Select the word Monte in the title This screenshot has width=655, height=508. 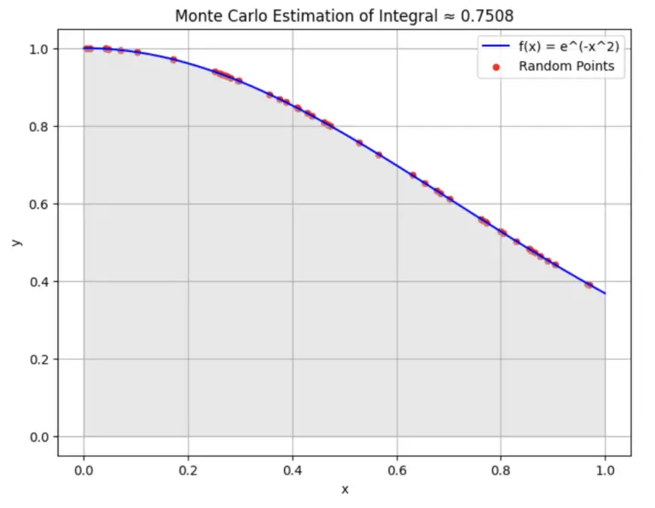point(197,15)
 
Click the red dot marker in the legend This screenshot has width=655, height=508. point(496,66)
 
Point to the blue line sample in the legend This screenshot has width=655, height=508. point(496,47)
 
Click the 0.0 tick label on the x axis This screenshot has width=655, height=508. point(83,470)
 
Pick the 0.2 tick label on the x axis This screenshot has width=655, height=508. point(188,470)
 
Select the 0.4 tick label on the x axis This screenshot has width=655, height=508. point(292,470)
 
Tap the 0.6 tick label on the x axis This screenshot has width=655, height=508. point(397,470)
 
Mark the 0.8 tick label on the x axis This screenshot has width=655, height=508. point(501,470)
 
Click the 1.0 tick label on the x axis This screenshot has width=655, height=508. point(606,470)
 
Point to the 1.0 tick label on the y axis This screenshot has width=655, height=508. point(38,49)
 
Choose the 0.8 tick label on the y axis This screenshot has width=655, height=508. point(38,126)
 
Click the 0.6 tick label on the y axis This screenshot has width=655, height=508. point(38,204)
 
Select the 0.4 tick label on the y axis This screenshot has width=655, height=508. point(38,281)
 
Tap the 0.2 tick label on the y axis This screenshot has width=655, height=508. point(38,359)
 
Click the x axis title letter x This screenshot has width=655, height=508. point(345,489)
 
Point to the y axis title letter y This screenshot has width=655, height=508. point(14,243)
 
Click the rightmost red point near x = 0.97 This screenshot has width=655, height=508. point(588,285)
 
